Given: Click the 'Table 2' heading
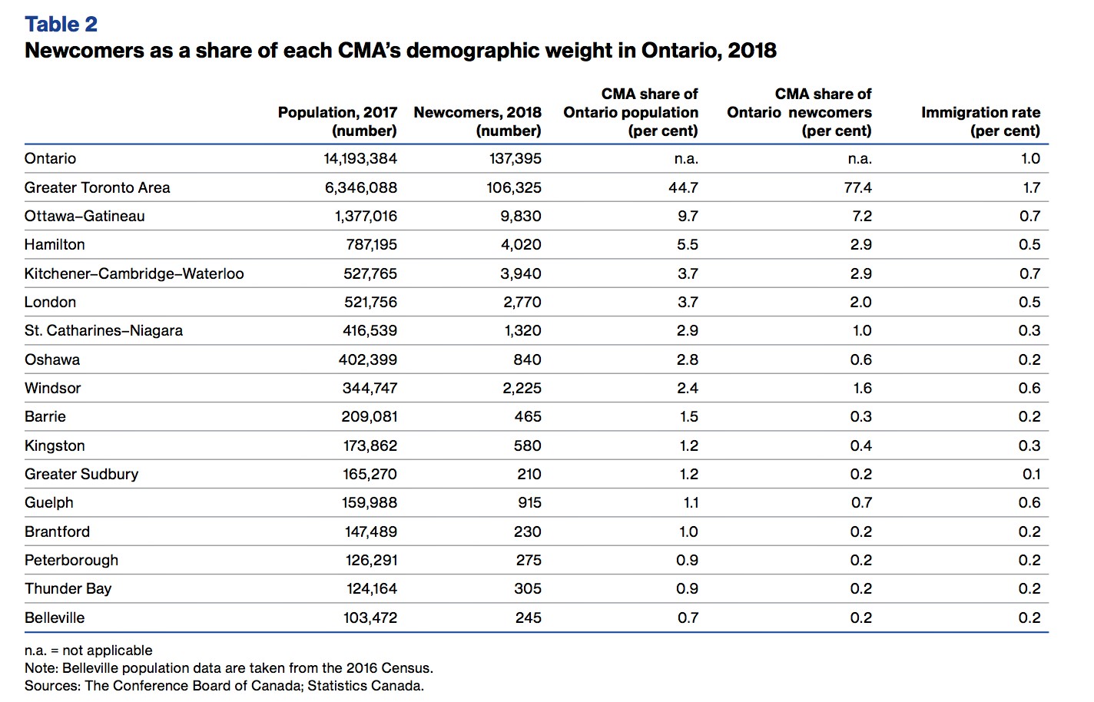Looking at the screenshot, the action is tap(61, 25).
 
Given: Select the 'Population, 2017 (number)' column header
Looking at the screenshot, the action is tap(337, 121).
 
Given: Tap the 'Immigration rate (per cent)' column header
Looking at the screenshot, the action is tap(981, 121).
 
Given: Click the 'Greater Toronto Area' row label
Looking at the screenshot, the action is tap(98, 187).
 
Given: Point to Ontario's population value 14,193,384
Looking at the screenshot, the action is tap(360, 159).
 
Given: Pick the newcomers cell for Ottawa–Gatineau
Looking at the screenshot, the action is tap(521, 217).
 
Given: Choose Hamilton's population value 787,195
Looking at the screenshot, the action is tap(372, 244).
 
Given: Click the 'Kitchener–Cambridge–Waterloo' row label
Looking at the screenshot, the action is tap(134, 273).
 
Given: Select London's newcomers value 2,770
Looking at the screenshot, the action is tap(522, 302).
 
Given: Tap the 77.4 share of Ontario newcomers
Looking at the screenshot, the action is tap(858, 187).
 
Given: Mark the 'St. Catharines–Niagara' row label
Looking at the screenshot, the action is tap(104, 330).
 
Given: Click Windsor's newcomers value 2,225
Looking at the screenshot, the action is tap(522, 388).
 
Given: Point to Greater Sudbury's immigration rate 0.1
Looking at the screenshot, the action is tap(1032, 474).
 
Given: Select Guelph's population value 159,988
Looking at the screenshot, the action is tap(370, 502).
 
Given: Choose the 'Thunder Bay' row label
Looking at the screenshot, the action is tap(68, 589).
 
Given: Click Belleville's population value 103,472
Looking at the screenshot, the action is tap(370, 618).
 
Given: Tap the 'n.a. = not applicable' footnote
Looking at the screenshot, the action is tap(88, 651).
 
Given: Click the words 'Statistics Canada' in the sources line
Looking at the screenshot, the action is tap(365, 686).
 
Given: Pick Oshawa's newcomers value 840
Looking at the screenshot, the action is tap(528, 359).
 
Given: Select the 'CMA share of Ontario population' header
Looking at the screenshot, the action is tap(631, 112).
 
